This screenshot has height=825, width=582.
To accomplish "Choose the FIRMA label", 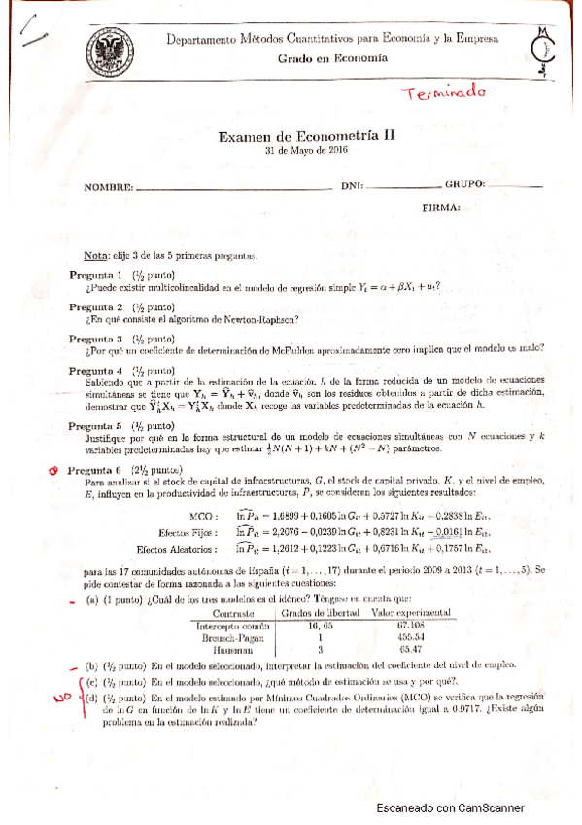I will (441, 208).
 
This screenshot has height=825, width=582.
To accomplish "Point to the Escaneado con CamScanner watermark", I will (450, 807).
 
